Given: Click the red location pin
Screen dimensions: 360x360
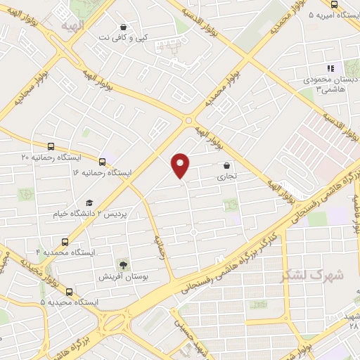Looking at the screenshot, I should pyautogui.click(x=181, y=165).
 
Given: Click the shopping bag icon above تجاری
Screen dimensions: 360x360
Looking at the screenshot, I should pyautogui.click(x=226, y=167).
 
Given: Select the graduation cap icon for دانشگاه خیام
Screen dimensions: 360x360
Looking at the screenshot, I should pyautogui.click(x=89, y=202).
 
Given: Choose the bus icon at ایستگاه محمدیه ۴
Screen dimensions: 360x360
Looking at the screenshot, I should pyautogui.click(x=65, y=240).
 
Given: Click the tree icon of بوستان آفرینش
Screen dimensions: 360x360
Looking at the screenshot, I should pyautogui.click(x=124, y=265).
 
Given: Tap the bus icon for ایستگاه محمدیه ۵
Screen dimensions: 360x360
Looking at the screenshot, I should pyautogui.click(x=69, y=291).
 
